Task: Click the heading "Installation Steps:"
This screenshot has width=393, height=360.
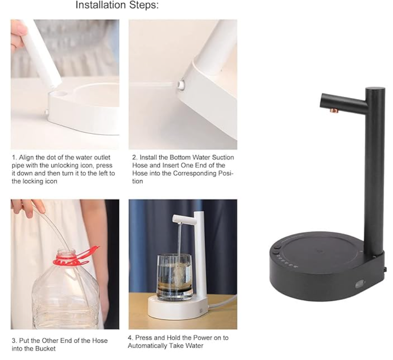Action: coord(117,5)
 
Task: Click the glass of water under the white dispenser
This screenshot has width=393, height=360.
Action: coord(174,277)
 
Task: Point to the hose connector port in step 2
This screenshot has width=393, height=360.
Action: coord(181,85)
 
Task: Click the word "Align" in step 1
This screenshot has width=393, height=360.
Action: coord(26,158)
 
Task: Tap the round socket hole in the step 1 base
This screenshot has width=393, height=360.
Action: coord(60,94)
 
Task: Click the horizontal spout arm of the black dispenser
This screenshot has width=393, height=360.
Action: coord(343,101)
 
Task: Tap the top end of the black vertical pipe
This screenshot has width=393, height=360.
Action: coord(375,88)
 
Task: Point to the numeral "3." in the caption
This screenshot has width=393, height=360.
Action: coord(14,341)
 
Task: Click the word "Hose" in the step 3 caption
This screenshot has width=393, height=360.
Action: coord(100,341)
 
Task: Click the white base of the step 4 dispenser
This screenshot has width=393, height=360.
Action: coord(177,307)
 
